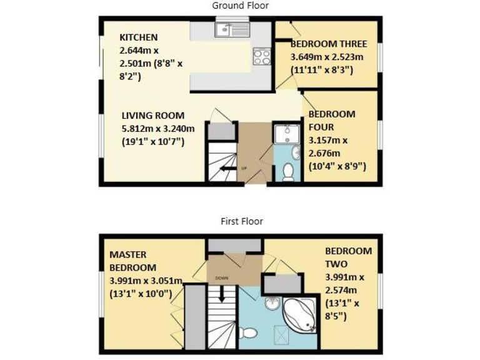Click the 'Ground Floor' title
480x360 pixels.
241,6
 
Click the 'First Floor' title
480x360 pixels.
241,221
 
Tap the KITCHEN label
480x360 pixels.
138,37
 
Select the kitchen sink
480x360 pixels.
232,29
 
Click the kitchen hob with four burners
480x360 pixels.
262,57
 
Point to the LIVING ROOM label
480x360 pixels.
153,115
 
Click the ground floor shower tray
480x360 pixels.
287,134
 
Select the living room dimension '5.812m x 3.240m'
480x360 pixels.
158,129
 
